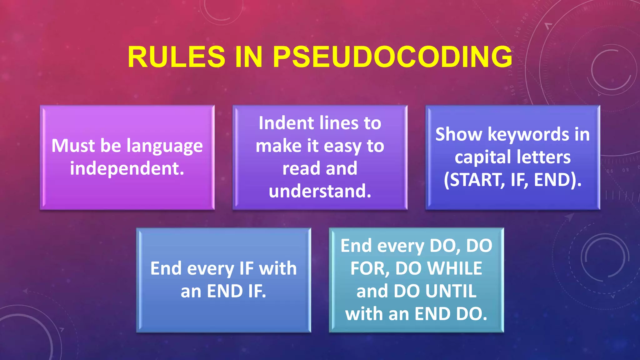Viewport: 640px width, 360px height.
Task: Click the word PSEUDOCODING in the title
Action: click(392, 57)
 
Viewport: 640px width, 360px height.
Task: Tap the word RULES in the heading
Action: click(176, 57)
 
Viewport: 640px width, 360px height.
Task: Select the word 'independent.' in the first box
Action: click(127, 168)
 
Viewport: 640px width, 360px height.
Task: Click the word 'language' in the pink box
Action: click(165, 146)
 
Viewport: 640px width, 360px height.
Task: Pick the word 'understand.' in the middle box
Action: click(320, 191)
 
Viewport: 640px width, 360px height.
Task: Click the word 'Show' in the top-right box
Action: click(458, 134)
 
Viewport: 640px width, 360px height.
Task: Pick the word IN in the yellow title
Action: click(248, 57)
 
